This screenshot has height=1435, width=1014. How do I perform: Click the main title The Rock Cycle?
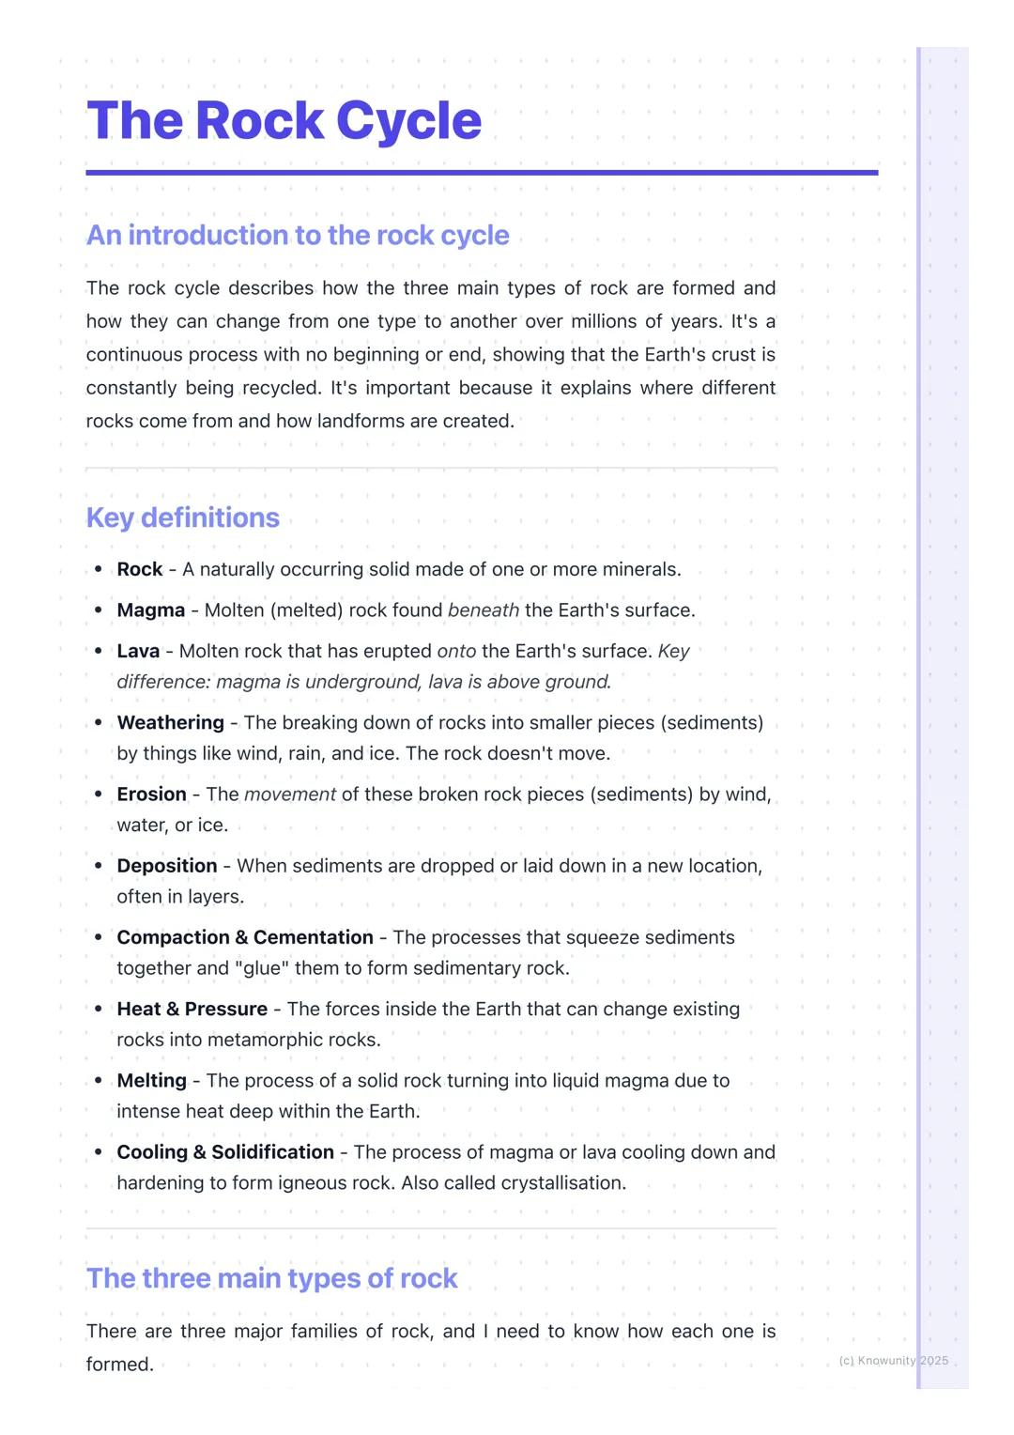click(x=284, y=121)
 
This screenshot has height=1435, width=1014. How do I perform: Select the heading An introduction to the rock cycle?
click(x=298, y=235)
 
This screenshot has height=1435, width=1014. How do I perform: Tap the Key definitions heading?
click(x=183, y=517)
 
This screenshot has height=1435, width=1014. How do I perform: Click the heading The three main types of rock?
click(x=272, y=1278)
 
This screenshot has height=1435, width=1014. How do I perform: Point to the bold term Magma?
click(x=151, y=610)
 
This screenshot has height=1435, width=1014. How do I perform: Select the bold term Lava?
click(x=138, y=652)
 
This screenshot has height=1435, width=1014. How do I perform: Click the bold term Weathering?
click(x=170, y=723)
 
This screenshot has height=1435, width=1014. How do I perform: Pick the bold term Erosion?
click(x=151, y=795)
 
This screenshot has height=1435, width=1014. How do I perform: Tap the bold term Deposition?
click(x=167, y=866)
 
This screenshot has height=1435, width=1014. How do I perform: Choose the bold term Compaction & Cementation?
click(x=245, y=937)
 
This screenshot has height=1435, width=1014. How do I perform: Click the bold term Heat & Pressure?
click(x=192, y=1010)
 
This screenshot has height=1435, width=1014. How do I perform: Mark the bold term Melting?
click(x=151, y=1081)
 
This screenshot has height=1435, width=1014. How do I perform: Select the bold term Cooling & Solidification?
click(x=225, y=1152)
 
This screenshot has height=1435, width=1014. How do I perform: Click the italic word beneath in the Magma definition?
click(x=484, y=610)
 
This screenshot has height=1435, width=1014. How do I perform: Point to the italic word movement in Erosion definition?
click(x=290, y=795)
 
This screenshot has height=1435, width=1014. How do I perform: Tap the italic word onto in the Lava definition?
click(x=457, y=652)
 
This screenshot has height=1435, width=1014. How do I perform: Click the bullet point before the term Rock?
click(x=99, y=570)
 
